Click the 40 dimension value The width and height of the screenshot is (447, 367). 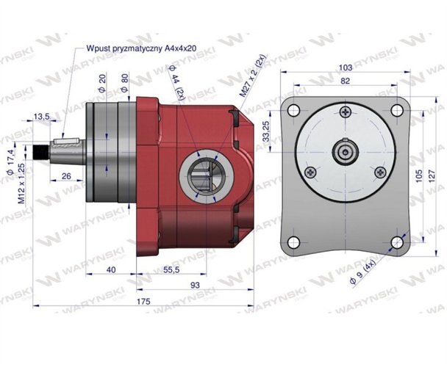(111, 270)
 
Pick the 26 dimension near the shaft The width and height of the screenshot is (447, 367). (67, 176)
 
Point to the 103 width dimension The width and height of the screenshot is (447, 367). (345, 67)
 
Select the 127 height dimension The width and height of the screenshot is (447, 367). (433, 173)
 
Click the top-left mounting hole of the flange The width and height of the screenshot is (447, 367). (294, 110)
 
